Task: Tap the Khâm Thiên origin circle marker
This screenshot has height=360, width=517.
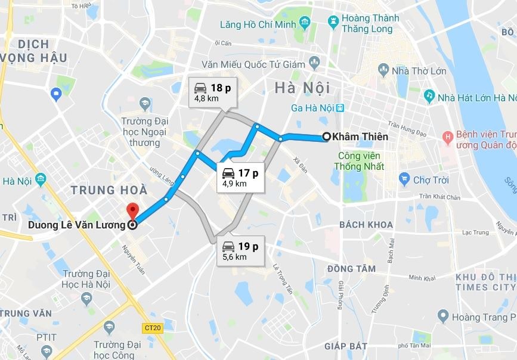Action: click(326, 136)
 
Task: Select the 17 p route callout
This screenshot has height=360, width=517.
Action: click(240, 178)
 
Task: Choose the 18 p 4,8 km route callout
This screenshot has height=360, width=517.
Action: click(212, 92)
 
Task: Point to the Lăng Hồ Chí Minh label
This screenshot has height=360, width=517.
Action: click(257, 24)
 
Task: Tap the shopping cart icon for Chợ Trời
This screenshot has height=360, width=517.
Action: click(404, 179)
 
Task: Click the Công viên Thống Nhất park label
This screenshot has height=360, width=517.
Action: click(361, 161)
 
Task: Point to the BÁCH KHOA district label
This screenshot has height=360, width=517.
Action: click(366, 225)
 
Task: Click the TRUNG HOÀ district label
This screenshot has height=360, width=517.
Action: click(109, 190)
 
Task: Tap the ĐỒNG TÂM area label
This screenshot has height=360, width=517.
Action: click(351, 269)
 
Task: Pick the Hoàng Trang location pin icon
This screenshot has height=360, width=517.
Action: click(442, 316)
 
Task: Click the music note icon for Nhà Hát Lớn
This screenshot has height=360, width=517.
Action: click(428, 95)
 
